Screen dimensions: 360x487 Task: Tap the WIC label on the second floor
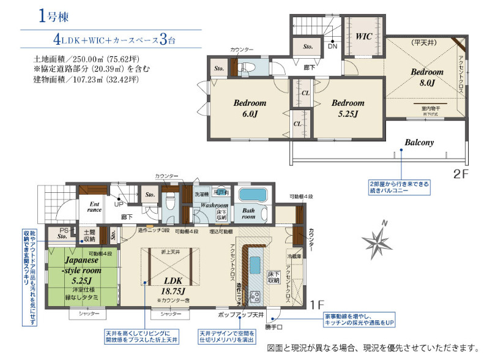click(x=363, y=37)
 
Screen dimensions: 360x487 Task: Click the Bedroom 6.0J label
click(x=250, y=108)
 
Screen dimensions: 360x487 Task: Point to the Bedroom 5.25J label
click(x=348, y=108)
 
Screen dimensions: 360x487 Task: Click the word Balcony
click(x=419, y=142)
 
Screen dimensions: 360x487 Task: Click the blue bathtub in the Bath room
click(x=252, y=195)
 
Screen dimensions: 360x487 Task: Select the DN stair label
click(x=333, y=46)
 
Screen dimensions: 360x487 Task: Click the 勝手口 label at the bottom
click(x=274, y=326)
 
